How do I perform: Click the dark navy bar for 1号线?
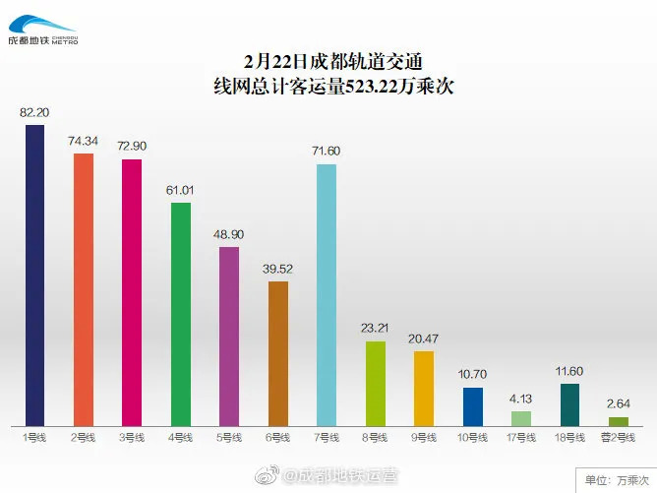34,276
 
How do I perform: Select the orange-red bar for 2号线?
84,289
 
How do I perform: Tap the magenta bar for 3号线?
132,292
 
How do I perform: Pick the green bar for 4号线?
181,314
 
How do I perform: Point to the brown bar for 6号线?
278,353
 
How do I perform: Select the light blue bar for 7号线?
327,294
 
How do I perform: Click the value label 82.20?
34,113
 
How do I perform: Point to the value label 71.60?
327,151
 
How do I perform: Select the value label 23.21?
376,329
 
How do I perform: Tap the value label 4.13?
521,399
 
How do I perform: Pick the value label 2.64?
619,403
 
